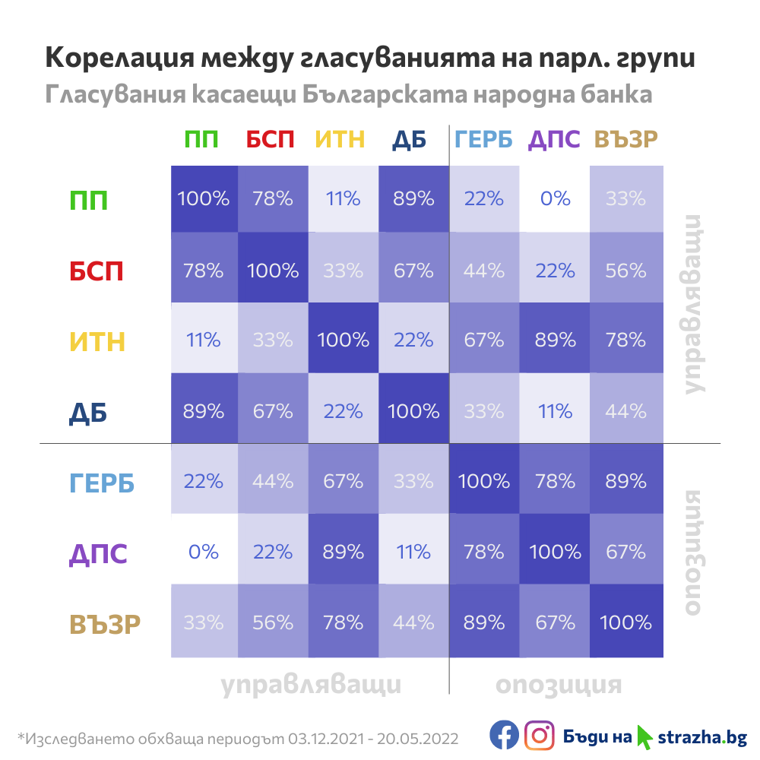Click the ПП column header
point(201,140)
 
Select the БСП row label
point(96,271)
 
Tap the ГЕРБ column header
point(484,140)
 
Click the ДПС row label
point(98,553)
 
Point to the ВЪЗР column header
point(625,140)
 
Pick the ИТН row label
point(97,342)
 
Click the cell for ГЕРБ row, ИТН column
point(344,481)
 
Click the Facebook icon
point(504,736)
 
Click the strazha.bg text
point(702,736)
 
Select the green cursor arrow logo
point(644,736)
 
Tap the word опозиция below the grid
point(559,685)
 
